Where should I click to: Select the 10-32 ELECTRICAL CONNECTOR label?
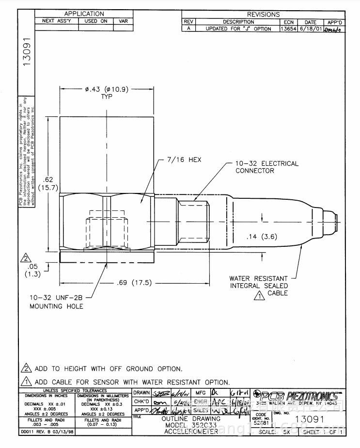tap(266, 167)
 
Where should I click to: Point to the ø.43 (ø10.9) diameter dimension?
tap(107, 90)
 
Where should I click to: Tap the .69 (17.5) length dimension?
tap(134, 283)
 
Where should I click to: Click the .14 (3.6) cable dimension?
tap(262, 237)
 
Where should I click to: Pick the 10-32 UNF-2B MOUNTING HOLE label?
tap(56, 303)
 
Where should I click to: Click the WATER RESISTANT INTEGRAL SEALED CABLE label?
tap(259, 286)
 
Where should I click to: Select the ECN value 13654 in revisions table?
tap(289, 29)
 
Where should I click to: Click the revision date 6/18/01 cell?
tap(310, 29)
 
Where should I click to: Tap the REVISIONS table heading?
tap(263, 15)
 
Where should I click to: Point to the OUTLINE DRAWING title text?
tap(191, 418)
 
